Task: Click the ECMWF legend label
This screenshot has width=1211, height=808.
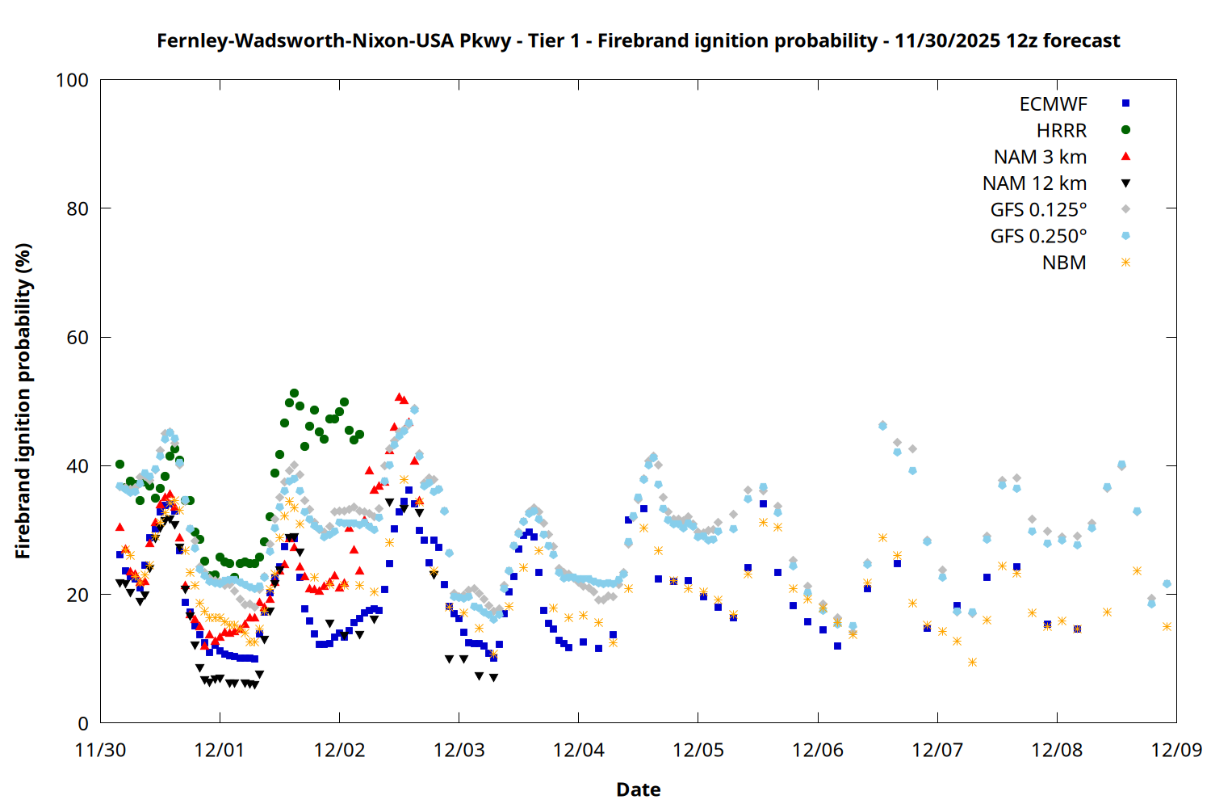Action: pos(1053,104)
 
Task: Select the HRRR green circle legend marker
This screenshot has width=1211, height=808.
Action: pos(1125,130)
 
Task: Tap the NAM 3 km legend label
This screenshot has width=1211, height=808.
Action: pos(1040,157)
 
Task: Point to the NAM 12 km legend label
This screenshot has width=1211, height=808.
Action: pos(1034,183)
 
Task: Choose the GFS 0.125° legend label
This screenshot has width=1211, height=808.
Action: pos(1038,210)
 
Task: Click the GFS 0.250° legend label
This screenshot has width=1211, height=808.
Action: pos(1038,237)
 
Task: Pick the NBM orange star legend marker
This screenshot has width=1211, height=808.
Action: pos(1125,263)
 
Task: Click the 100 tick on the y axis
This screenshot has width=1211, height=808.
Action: pos(72,80)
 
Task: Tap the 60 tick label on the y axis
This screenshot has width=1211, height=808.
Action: pos(78,338)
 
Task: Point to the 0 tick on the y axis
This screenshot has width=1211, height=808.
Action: pos(83,724)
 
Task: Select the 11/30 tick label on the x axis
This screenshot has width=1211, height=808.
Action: pos(100,750)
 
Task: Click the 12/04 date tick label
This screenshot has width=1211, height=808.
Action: pos(578,750)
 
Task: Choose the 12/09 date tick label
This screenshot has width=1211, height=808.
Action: pos(1176,750)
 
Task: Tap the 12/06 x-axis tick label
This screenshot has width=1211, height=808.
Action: pos(818,750)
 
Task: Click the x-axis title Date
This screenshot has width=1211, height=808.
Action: pos(638,789)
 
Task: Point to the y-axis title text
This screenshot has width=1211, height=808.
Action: pos(23,401)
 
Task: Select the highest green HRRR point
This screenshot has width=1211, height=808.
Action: pos(294,393)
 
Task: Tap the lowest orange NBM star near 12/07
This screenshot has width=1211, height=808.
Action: pos(972,662)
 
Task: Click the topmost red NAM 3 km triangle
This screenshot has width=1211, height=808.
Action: pos(399,397)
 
